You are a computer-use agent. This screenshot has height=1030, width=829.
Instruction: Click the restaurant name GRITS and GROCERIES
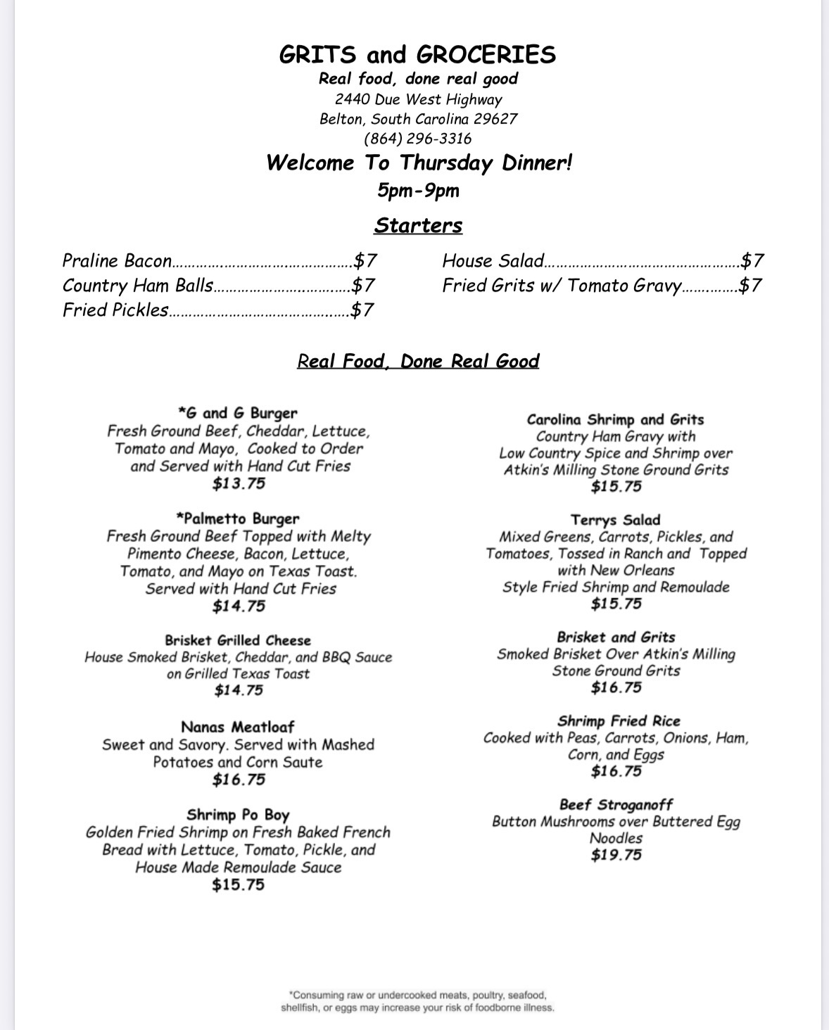[417, 55]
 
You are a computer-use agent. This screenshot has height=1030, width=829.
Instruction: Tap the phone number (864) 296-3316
[418, 139]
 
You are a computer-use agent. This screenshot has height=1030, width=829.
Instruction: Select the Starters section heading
[418, 225]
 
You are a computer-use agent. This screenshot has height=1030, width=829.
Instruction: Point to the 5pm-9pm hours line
[418, 190]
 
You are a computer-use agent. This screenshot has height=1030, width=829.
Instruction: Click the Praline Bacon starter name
[117, 261]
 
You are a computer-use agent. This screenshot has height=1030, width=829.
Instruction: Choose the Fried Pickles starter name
[115, 310]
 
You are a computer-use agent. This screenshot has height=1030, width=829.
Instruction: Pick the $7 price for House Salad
[752, 261]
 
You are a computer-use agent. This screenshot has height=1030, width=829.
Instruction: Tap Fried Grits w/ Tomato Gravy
[562, 286]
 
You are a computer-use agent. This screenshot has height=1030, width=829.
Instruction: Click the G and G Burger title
[238, 413]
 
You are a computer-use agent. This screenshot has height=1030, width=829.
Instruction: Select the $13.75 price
[239, 484]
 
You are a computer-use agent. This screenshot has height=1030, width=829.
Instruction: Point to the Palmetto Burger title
[238, 519]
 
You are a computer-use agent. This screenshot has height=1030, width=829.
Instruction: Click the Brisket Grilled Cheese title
[238, 640]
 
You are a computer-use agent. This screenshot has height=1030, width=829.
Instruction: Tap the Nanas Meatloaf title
[238, 727]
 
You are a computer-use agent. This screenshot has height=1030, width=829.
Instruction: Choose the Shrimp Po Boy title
[238, 815]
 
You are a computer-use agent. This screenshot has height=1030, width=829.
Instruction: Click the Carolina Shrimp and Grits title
[615, 419]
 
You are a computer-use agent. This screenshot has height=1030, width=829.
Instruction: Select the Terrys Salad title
[615, 520]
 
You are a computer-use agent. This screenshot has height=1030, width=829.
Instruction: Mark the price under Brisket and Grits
[616, 688]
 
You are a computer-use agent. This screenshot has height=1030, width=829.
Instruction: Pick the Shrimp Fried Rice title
[619, 721]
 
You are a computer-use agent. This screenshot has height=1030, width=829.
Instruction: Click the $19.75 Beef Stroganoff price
[616, 856]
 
